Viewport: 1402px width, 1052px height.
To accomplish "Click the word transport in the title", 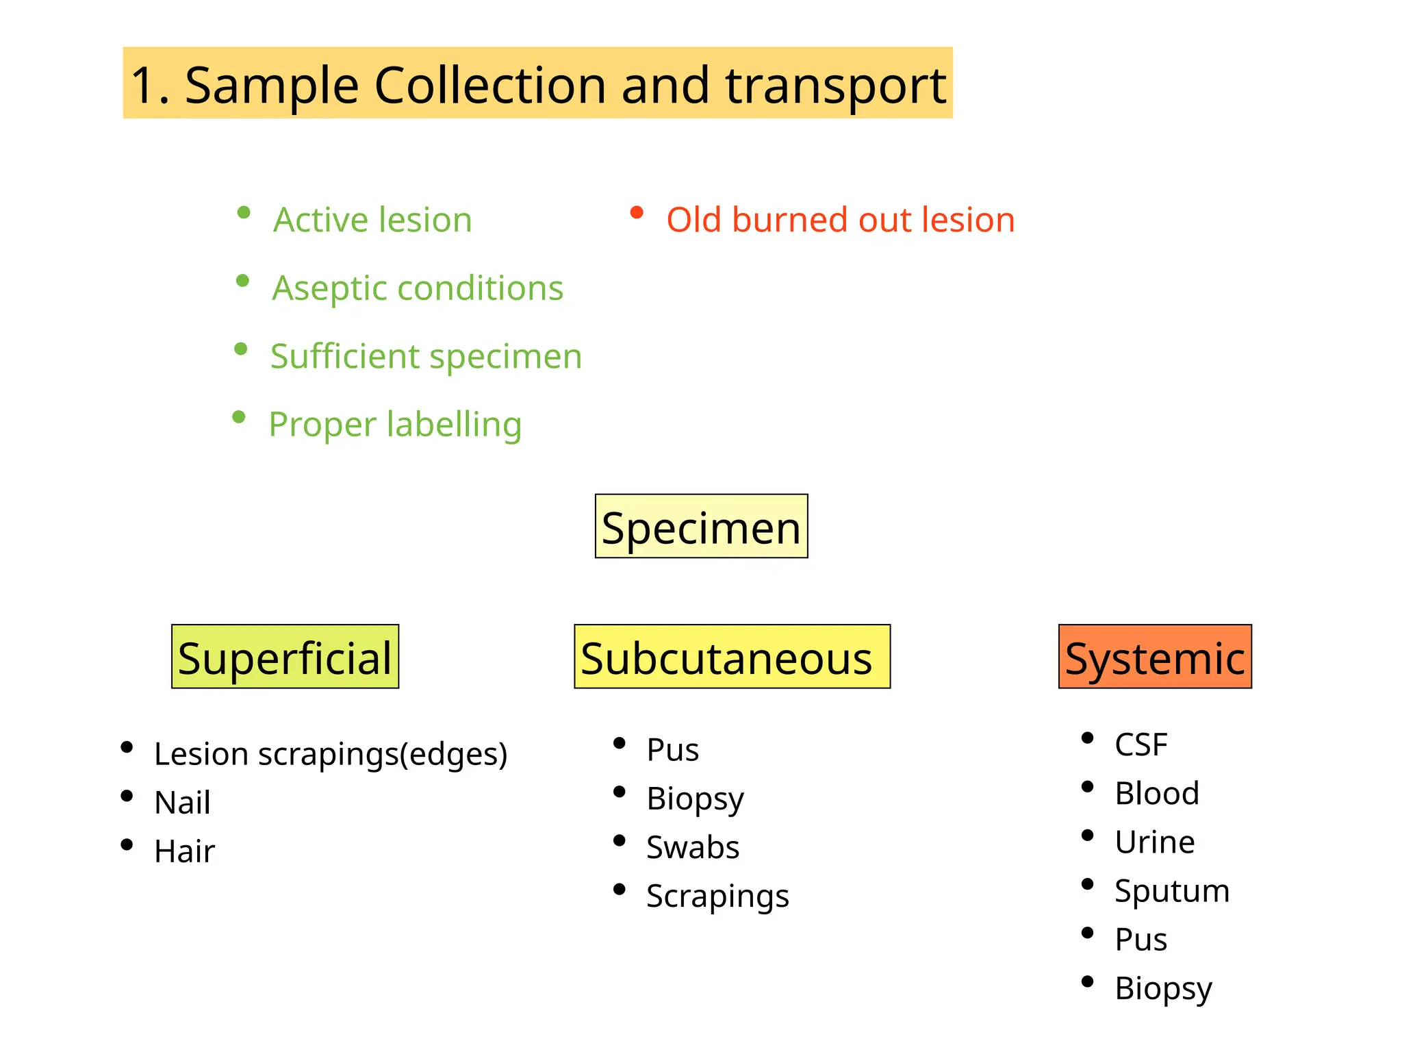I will click(x=836, y=86).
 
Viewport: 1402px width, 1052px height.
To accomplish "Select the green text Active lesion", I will click(x=372, y=220).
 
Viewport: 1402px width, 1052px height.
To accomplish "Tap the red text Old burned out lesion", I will click(x=840, y=220).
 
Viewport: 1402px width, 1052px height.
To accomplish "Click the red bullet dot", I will click(x=637, y=212).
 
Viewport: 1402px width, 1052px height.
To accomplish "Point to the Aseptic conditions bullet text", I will click(x=418, y=288).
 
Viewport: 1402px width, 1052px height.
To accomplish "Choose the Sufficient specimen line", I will click(x=426, y=356).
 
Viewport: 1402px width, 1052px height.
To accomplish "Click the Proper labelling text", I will click(x=395, y=424).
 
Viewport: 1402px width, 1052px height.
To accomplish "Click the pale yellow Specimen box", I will click(x=701, y=527).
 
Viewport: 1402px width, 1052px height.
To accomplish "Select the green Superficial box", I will click(x=285, y=657).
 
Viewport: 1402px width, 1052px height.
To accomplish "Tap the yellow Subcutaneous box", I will click(x=732, y=657).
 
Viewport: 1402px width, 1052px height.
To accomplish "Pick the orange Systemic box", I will click(x=1155, y=657).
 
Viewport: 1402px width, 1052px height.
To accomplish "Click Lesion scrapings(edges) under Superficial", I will click(x=331, y=754).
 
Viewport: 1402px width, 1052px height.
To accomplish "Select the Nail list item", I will click(x=182, y=803).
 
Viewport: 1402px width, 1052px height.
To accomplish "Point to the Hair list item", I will click(x=184, y=851).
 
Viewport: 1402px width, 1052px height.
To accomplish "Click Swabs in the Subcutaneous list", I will click(x=693, y=847).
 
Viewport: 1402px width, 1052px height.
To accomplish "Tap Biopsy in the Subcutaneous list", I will click(x=695, y=799).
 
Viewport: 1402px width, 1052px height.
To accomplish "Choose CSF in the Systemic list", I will click(x=1140, y=744).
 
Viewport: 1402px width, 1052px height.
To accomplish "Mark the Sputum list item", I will click(x=1171, y=891).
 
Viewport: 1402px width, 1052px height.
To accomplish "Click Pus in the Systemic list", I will click(x=1140, y=940).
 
